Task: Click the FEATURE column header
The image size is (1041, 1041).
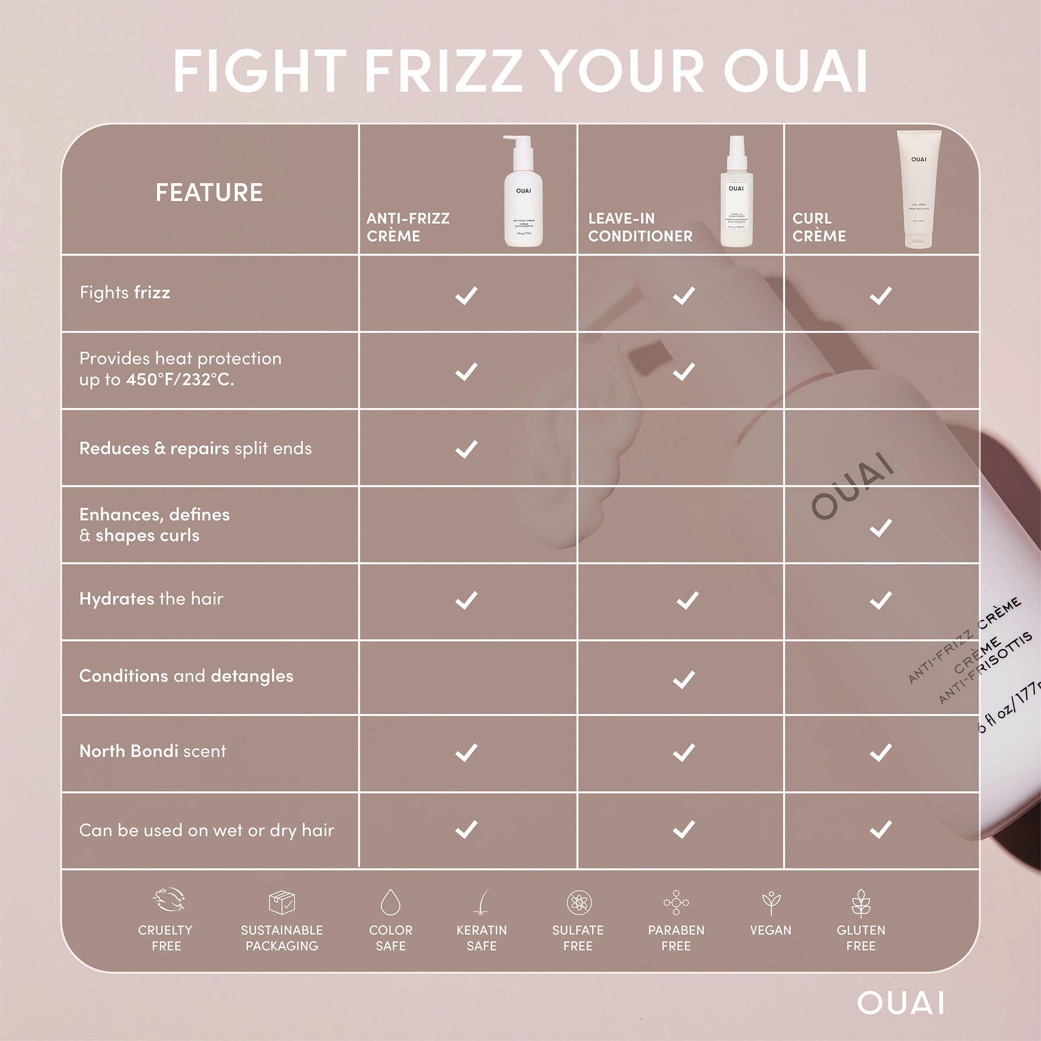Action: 209,193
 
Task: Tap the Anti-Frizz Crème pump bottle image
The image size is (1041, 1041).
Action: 523,191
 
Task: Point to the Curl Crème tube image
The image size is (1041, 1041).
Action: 918,188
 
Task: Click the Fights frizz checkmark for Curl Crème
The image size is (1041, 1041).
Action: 881,295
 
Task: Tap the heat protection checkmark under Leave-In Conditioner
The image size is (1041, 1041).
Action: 683,371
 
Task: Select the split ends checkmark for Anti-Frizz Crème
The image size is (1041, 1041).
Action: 466,449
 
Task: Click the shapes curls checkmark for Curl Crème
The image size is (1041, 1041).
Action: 881,527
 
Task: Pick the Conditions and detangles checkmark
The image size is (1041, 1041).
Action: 683,679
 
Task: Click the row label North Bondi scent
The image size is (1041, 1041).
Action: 153,751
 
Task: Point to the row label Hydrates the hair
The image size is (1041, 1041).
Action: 151,599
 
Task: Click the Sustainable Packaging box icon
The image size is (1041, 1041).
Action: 282,902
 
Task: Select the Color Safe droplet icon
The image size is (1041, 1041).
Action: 391,902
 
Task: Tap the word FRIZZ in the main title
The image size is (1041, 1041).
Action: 443,71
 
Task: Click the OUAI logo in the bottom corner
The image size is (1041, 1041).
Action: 900,1004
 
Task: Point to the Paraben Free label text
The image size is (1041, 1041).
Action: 676,937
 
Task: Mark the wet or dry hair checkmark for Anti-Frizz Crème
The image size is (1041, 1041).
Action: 466,829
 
